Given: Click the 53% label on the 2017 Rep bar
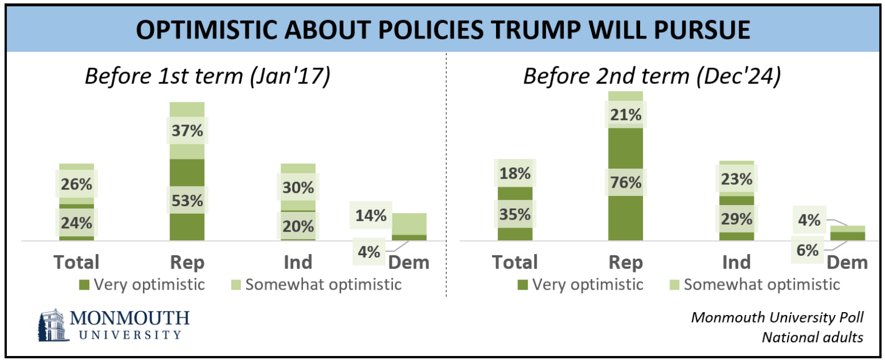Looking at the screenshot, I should pyautogui.click(x=187, y=201).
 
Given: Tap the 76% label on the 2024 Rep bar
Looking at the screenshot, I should pyautogui.click(x=626, y=183).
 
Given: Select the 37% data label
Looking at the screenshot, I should pyautogui.click(x=187, y=131).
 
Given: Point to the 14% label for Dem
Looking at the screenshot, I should pyautogui.click(x=370, y=216).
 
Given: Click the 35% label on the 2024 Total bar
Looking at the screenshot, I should pyautogui.click(x=515, y=214).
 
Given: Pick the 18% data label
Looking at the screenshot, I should pyautogui.click(x=515, y=173).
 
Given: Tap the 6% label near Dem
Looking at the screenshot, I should pyautogui.click(x=808, y=250).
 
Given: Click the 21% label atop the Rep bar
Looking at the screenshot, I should pyautogui.click(x=626, y=115).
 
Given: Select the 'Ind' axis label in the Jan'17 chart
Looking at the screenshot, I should pyautogui.click(x=298, y=262).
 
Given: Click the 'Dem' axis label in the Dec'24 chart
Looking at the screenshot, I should pyautogui.click(x=847, y=262).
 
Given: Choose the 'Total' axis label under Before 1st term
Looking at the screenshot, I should pyautogui.click(x=77, y=262).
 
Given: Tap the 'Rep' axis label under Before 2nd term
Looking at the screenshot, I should pyautogui.click(x=626, y=262).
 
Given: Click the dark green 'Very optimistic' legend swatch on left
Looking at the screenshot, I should pyautogui.click(x=84, y=284).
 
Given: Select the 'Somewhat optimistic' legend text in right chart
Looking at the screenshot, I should pyautogui.click(x=762, y=284).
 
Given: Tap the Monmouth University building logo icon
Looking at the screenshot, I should pyautogui.click(x=52, y=325).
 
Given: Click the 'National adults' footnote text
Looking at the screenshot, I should pyautogui.click(x=812, y=337).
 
